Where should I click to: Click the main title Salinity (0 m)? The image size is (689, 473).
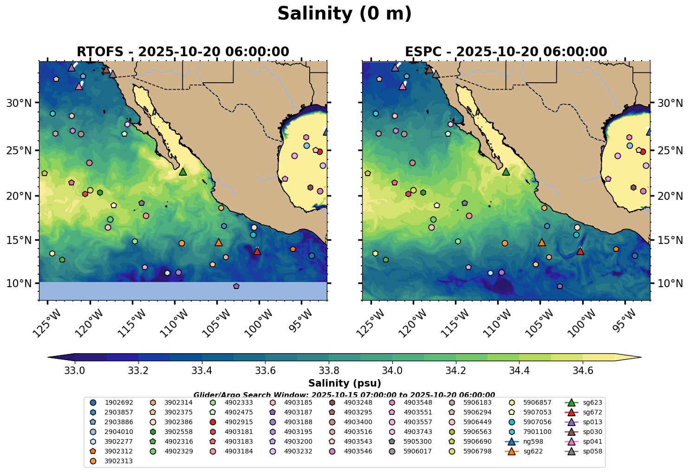pos(344,14)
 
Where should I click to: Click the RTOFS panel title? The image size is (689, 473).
pos(182,52)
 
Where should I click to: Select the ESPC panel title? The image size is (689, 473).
pos(506,52)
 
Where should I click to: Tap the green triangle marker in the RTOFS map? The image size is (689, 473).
pos(183,172)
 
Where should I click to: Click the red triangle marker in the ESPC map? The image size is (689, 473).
pos(580,251)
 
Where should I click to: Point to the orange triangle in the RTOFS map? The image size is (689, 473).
pos(219,243)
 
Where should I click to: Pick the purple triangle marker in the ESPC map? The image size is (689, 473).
pos(395,67)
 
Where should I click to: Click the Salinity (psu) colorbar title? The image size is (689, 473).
pos(344,383)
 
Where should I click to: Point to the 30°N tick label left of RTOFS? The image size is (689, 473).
pos(19,103)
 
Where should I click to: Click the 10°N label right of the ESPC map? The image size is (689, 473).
pos(670,283)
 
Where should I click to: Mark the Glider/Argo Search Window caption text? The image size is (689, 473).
pos(344,395)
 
